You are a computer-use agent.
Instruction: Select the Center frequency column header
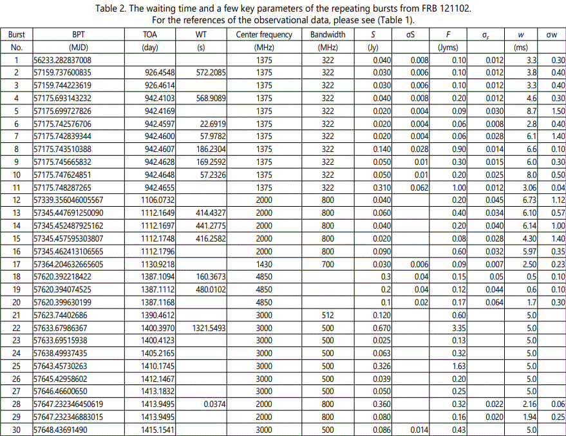pyautogui.click(x=264, y=35)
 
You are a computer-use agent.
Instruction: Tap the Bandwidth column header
pyautogui.click(x=327, y=35)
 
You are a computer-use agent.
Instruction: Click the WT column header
pyautogui.click(x=201, y=35)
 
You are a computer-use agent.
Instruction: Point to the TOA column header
pyautogui.click(x=150, y=35)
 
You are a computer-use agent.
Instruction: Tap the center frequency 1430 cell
pyautogui.click(x=264, y=263)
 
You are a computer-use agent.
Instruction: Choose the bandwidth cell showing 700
pyautogui.click(x=327, y=263)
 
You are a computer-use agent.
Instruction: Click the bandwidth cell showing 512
pyautogui.click(x=327, y=314)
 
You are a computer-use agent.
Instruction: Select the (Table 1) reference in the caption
pyautogui.click(x=401, y=19)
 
